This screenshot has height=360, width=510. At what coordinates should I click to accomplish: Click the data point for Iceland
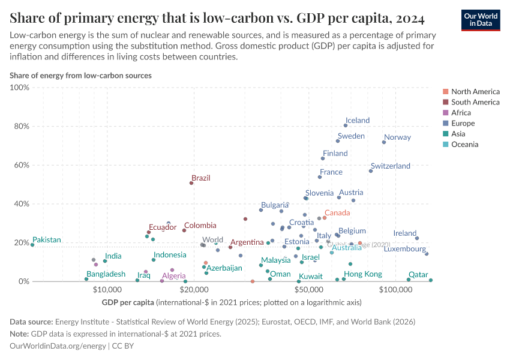[x=346, y=125]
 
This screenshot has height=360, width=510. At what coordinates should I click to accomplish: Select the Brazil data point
[x=191, y=183]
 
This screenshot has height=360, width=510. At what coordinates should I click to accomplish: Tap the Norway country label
[x=397, y=137]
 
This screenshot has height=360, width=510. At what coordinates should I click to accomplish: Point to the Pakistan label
[x=47, y=240]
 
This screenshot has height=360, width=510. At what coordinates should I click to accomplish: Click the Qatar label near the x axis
[x=418, y=274]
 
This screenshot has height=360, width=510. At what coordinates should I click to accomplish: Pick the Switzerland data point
[x=371, y=171]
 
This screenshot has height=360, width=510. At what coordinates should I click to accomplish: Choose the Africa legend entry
[x=461, y=113]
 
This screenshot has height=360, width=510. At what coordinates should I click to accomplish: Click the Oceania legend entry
[x=464, y=145]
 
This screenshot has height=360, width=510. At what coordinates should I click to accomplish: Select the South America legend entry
[x=475, y=102]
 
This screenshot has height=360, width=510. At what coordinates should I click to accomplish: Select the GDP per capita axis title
[x=127, y=302]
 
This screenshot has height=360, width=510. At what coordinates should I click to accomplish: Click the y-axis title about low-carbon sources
[x=80, y=76]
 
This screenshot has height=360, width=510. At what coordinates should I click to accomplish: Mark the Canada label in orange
[x=337, y=213]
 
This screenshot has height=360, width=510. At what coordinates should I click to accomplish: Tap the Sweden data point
[x=338, y=141]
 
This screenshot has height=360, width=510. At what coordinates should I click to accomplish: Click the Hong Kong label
[x=362, y=274]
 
